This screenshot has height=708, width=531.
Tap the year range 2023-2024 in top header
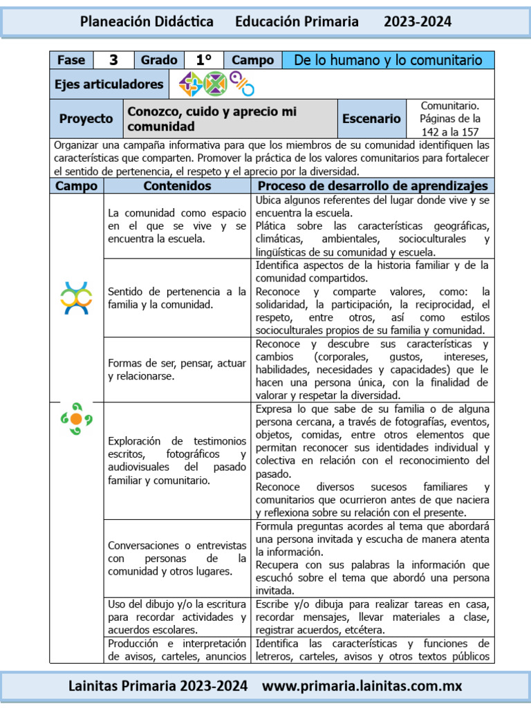(418, 21)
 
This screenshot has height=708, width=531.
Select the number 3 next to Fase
(113, 60)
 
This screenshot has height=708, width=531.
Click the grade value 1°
(204, 60)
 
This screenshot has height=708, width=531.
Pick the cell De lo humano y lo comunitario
(388, 60)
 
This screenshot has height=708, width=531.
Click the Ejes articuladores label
(109, 84)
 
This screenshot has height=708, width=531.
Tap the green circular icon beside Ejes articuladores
(215, 84)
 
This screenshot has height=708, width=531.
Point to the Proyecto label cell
(86, 118)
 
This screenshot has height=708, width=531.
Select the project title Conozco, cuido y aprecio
(212, 118)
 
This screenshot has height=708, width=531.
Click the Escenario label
(371, 118)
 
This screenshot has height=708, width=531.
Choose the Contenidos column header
(177, 186)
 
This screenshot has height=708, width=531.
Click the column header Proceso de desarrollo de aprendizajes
(373, 186)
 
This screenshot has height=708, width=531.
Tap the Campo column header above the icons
(76, 186)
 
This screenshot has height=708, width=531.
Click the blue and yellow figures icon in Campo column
(76, 298)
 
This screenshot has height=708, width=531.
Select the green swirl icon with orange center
(76, 418)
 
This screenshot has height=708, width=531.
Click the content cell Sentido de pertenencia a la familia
(177, 298)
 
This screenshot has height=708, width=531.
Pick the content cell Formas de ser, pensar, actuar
(177, 369)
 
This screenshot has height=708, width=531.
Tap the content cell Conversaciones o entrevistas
(177, 558)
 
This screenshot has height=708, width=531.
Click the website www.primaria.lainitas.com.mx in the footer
(362, 686)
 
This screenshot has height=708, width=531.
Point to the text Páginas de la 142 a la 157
(450, 124)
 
